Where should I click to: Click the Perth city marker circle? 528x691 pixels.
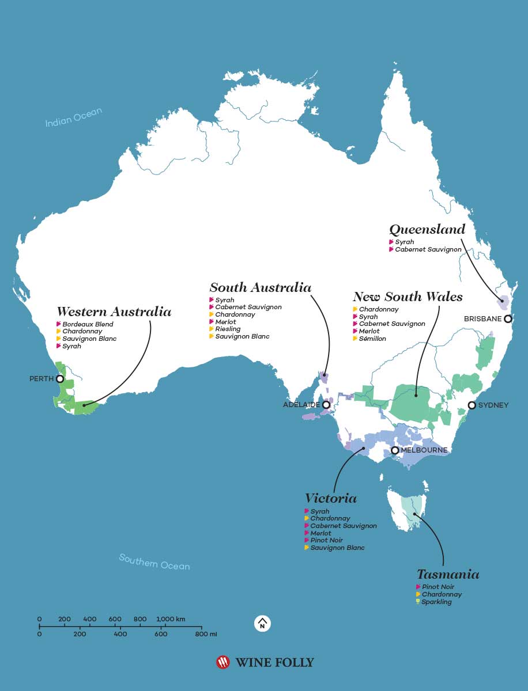pos(59,379)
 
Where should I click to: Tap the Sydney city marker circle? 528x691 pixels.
pos(472,405)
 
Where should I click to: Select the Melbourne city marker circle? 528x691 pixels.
pos(395,450)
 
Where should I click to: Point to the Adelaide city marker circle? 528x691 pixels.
pos(326,405)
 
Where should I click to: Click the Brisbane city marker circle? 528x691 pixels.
pos(507,318)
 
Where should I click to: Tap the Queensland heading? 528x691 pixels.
pos(427,229)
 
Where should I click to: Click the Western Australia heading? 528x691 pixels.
pos(114,312)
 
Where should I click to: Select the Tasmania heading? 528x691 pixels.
pos(448,574)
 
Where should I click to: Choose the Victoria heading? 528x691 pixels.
pos(331,498)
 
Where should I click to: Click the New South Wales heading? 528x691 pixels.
pos(408,297)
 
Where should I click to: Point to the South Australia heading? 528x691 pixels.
pos(260,287)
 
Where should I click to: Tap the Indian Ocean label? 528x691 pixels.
pos(74,117)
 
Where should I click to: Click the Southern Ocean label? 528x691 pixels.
pos(154,561)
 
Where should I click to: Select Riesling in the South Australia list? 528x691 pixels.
pos(228,329)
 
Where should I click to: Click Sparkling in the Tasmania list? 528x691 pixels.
pos(436,602)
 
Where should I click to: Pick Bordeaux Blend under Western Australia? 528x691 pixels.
pos(88,324)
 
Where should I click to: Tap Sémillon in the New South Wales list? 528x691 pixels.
pos(372,339)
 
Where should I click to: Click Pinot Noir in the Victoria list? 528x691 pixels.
pos(326,540)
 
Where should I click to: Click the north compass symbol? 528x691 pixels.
pos(262,624)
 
